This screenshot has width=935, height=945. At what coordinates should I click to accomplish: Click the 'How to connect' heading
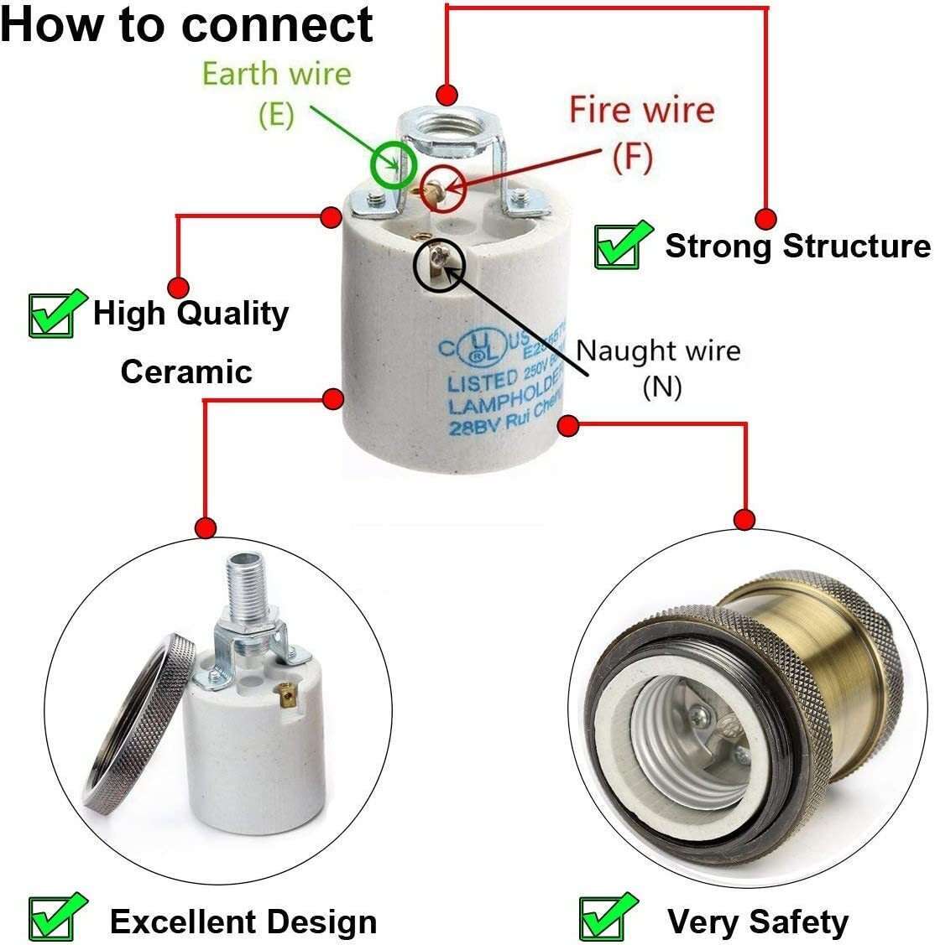[x=186, y=25]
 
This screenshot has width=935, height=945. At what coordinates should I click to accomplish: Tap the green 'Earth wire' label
[x=276, y=74]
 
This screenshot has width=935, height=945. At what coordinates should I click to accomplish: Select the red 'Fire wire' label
[x=642, y=110]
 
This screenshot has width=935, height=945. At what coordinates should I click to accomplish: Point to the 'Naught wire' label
[x=658, y=350]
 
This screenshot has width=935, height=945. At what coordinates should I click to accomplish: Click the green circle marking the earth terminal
[x=393, y=165]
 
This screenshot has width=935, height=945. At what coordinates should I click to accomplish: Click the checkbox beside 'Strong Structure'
[x=622, y=245]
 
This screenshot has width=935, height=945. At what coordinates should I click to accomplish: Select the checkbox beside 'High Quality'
[x=56, y=314]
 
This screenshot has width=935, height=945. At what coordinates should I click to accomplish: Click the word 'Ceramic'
[x=186, y=371]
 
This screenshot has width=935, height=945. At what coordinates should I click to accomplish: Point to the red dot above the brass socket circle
[x=744, y=519]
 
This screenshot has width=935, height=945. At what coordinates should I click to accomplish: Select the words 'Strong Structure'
[x=797, y=247]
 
